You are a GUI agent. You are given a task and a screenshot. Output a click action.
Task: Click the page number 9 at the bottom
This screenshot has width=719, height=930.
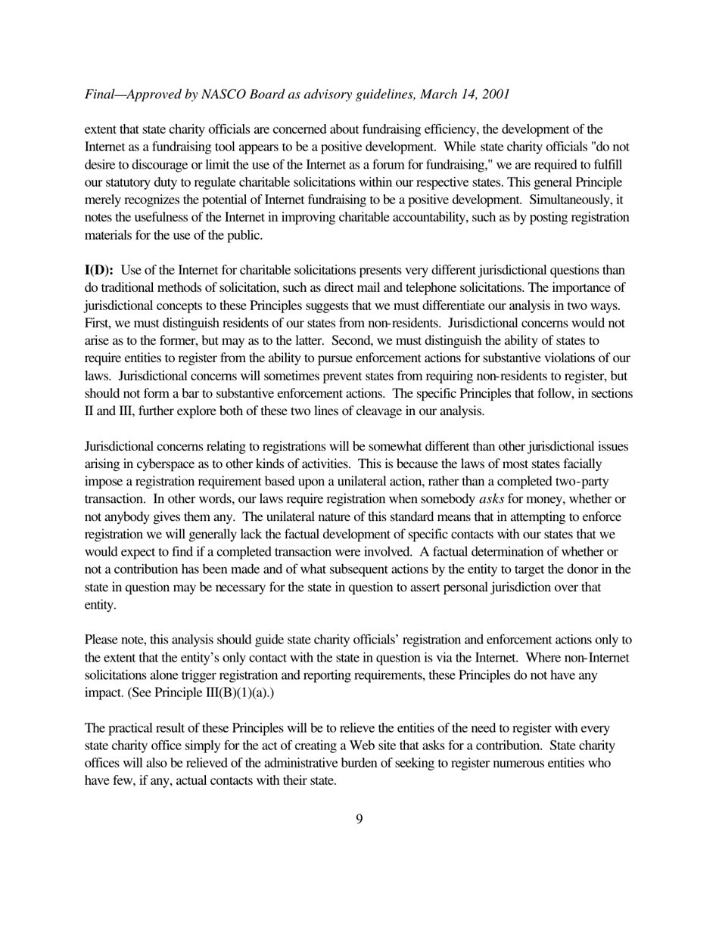coord(359,819)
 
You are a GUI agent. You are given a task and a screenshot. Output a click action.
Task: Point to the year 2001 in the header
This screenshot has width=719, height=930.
coord(494,95)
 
